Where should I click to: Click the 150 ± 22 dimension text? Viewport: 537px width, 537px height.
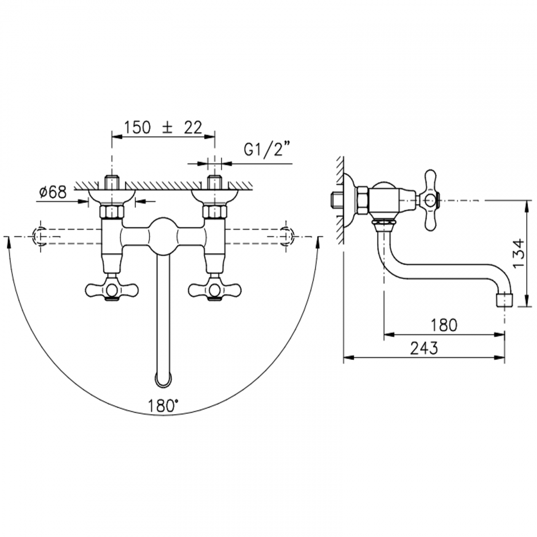[x=163, y=128]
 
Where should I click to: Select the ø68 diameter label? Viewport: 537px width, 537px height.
[x=53, y=192]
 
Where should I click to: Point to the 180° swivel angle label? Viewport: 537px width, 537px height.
[x=163, y=406]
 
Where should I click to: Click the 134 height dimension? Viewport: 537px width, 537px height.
[x=519, y=254]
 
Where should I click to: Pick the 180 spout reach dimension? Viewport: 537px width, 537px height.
[x=444, y=325]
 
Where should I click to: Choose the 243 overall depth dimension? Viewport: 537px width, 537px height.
[x=424, y=348]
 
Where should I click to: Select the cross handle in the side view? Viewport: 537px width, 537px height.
[x=431, y=200]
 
